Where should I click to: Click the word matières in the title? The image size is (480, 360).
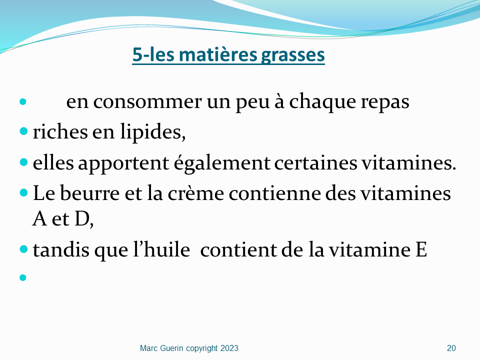(218, 55)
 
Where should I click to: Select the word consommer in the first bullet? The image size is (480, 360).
(147, 102)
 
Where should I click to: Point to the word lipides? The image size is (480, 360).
(153, 132)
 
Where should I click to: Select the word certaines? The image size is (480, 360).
(315, 163)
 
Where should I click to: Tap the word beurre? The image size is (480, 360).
(89, 193)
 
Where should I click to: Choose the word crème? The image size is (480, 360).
(195, 194)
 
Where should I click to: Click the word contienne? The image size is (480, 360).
(274, 194)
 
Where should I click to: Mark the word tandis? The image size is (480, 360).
(61, 250)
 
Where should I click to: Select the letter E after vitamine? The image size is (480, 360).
(421, 250)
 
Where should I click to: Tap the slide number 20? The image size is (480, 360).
(451, 348)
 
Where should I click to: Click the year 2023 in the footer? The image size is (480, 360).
(229, 348)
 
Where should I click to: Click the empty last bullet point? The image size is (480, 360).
(23, 277)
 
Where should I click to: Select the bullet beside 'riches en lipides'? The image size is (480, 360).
(23, 131)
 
